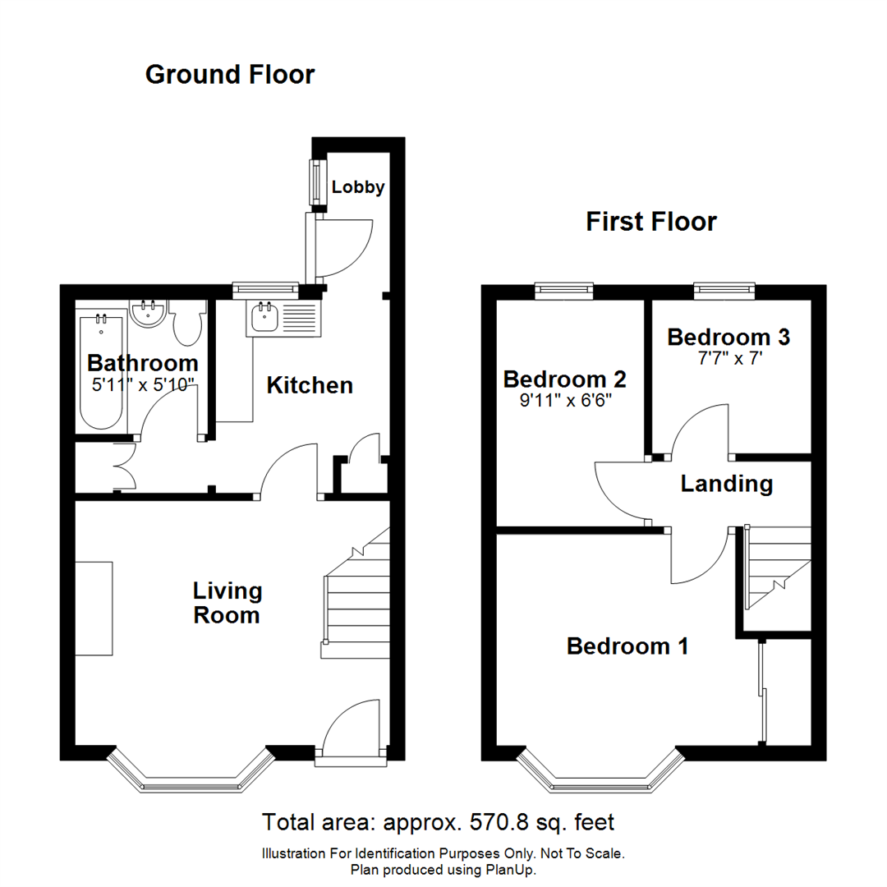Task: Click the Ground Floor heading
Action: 229,75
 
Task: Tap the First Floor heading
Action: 650,222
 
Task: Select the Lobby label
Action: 358,187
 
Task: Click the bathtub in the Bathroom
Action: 101,370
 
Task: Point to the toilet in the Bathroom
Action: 188,325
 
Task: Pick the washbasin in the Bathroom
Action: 149,314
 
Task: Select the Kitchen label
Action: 310,385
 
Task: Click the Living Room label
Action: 227,602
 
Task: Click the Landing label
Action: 727,484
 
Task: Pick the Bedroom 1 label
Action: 627,646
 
